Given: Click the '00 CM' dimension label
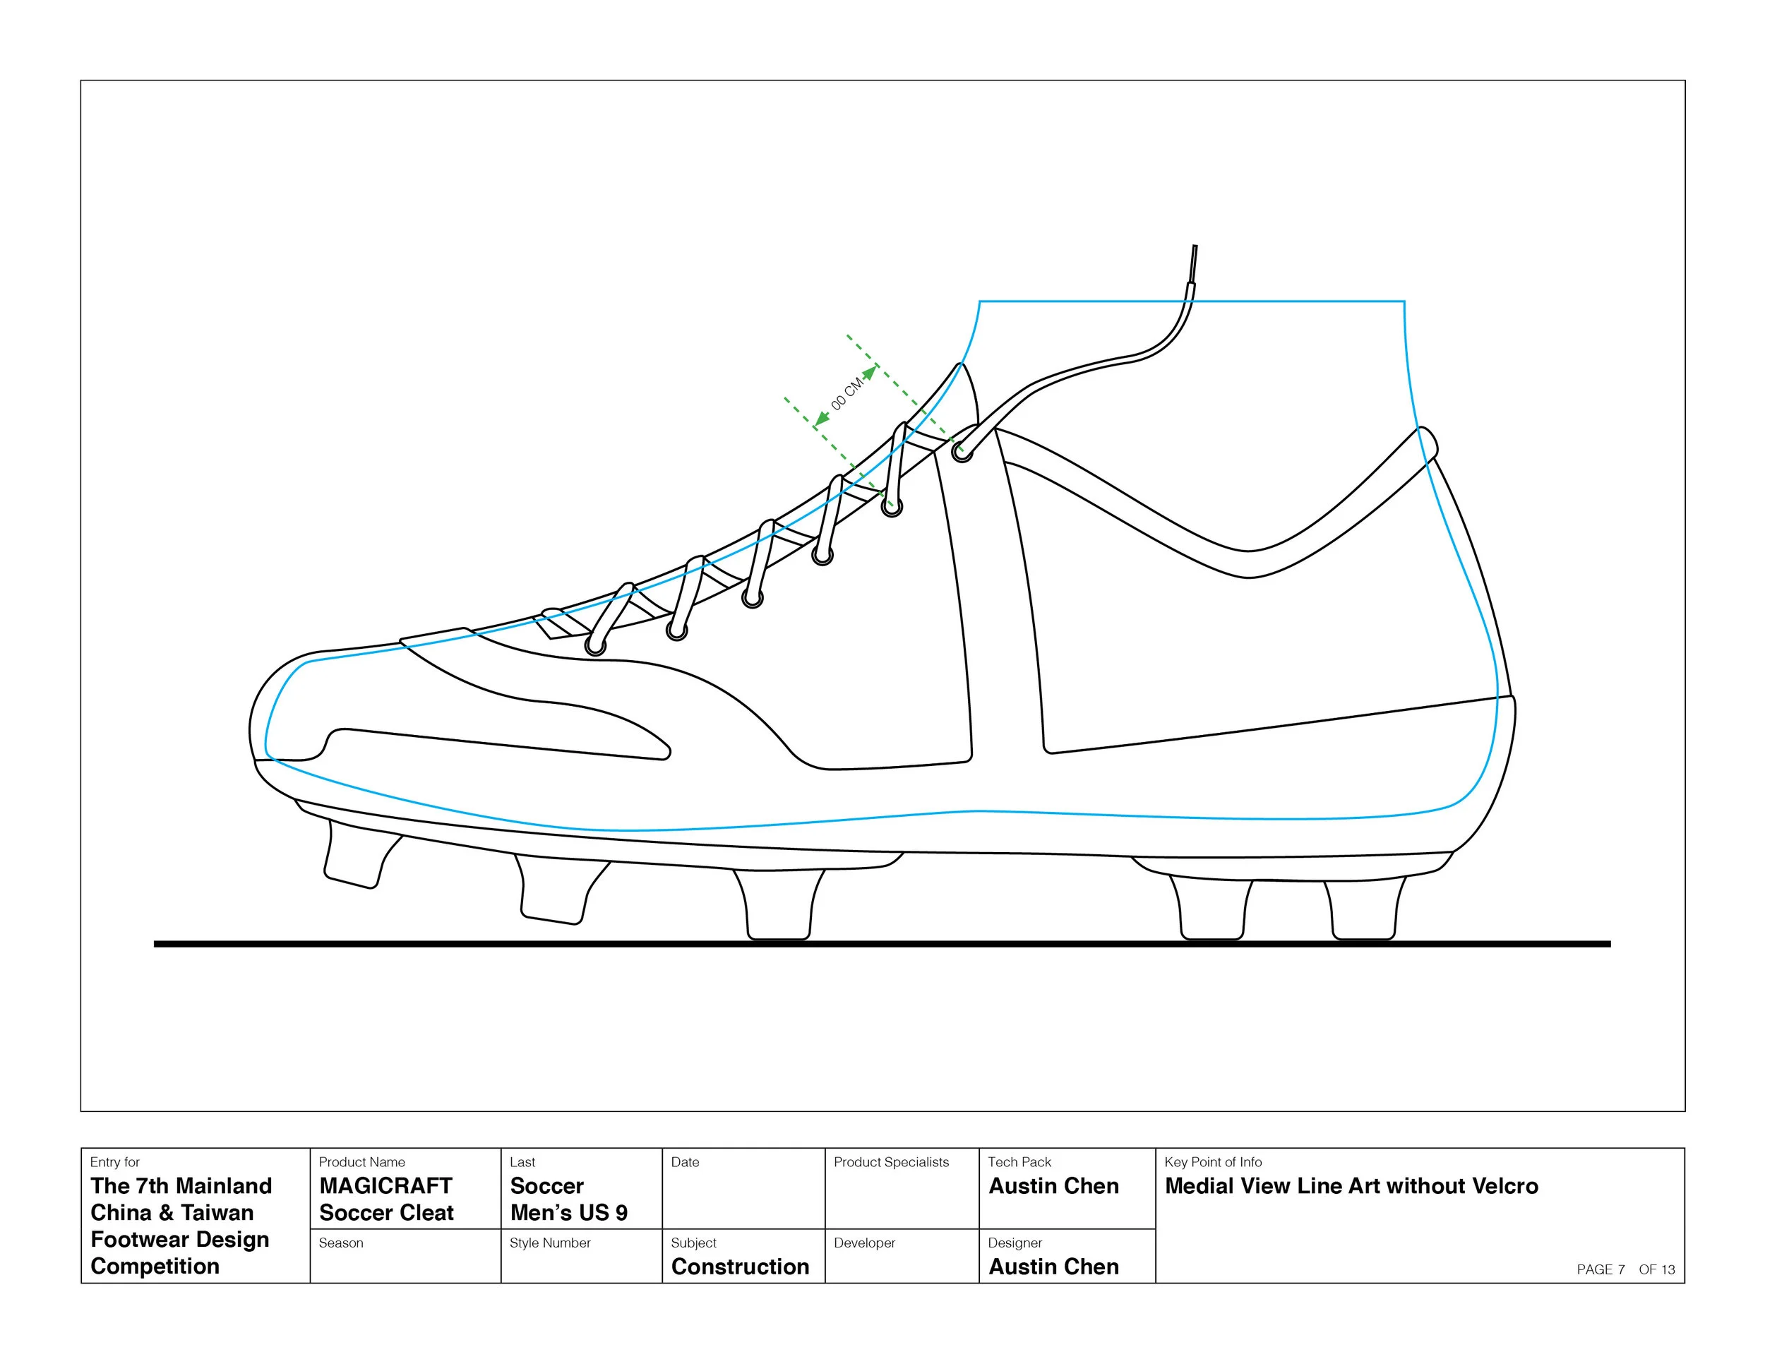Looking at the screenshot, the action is click(x=847, y=393).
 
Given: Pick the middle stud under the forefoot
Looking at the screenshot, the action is click(x=779, y=904).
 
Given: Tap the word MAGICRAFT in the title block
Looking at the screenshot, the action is click(x=385, y=1185).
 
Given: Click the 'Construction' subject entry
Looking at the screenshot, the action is click(x=741, y=1267).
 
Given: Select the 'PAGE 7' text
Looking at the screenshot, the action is click(x=1600, y=1269).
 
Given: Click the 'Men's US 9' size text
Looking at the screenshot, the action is click(x=569, y=1213).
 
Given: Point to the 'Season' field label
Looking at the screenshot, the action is click(x=341, y=1243).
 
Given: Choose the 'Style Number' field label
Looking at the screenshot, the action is click(x=549, y=1243).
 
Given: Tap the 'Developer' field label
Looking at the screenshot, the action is click(x=865, y=1243).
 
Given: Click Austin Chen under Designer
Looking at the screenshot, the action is click(x=1054, y=1267).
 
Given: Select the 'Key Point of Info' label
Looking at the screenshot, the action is click(x=1213, y=1162).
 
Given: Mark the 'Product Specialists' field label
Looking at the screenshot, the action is click(x=892, y=1162).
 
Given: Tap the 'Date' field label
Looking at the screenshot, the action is click(x=686, y=1162).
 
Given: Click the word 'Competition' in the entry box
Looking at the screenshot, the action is click(x=155, y=1267).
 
